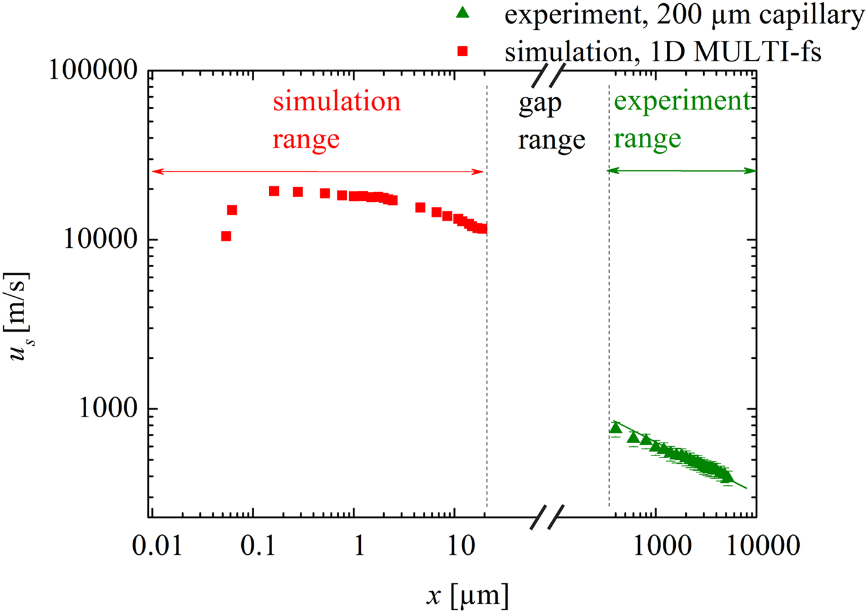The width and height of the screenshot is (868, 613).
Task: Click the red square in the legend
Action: (463, 51)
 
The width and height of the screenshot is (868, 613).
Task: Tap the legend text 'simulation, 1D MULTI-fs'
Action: (663, 51)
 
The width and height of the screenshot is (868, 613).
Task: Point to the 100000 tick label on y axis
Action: (93, 71)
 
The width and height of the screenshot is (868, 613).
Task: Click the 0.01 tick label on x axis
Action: (157, 547)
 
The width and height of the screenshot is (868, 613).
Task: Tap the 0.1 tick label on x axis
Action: (258, 547)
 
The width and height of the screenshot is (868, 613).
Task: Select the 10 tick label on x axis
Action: (460, 547)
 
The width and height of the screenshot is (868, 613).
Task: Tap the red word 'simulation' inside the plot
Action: (337, 102)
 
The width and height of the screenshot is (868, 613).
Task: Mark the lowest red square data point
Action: (226, 236)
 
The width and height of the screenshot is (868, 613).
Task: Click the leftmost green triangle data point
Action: (615, 428)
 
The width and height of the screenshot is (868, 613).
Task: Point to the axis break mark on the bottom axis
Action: (547, 516)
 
